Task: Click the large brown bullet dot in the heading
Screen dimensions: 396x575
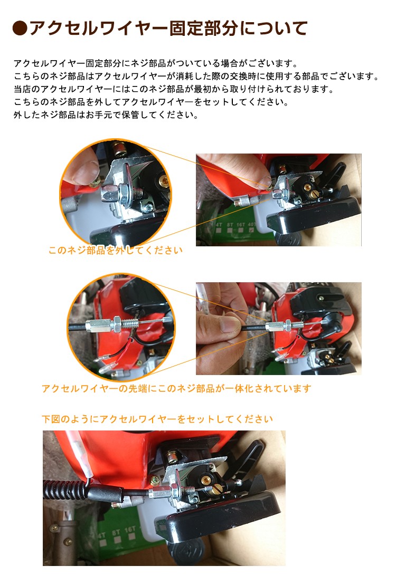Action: [x=20, y=28]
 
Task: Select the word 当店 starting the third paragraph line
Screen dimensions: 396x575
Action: [x=22, y=89]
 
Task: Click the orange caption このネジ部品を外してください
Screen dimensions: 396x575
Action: [x=116, y=251]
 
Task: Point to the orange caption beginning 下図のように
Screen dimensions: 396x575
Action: [x=157, y=419]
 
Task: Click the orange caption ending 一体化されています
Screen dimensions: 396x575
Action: [x=176, y=388]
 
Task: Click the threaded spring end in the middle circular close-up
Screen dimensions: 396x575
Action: [x=130, y=323]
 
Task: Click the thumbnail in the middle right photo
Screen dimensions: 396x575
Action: [x=230, y=324]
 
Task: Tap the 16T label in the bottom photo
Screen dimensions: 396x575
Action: [x=129, y=530]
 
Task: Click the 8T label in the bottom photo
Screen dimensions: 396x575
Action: [x=116, y=532]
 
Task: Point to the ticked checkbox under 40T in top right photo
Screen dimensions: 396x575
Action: [x=251, y=231]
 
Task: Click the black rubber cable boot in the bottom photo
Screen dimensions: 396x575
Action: [x=107, y=493]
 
